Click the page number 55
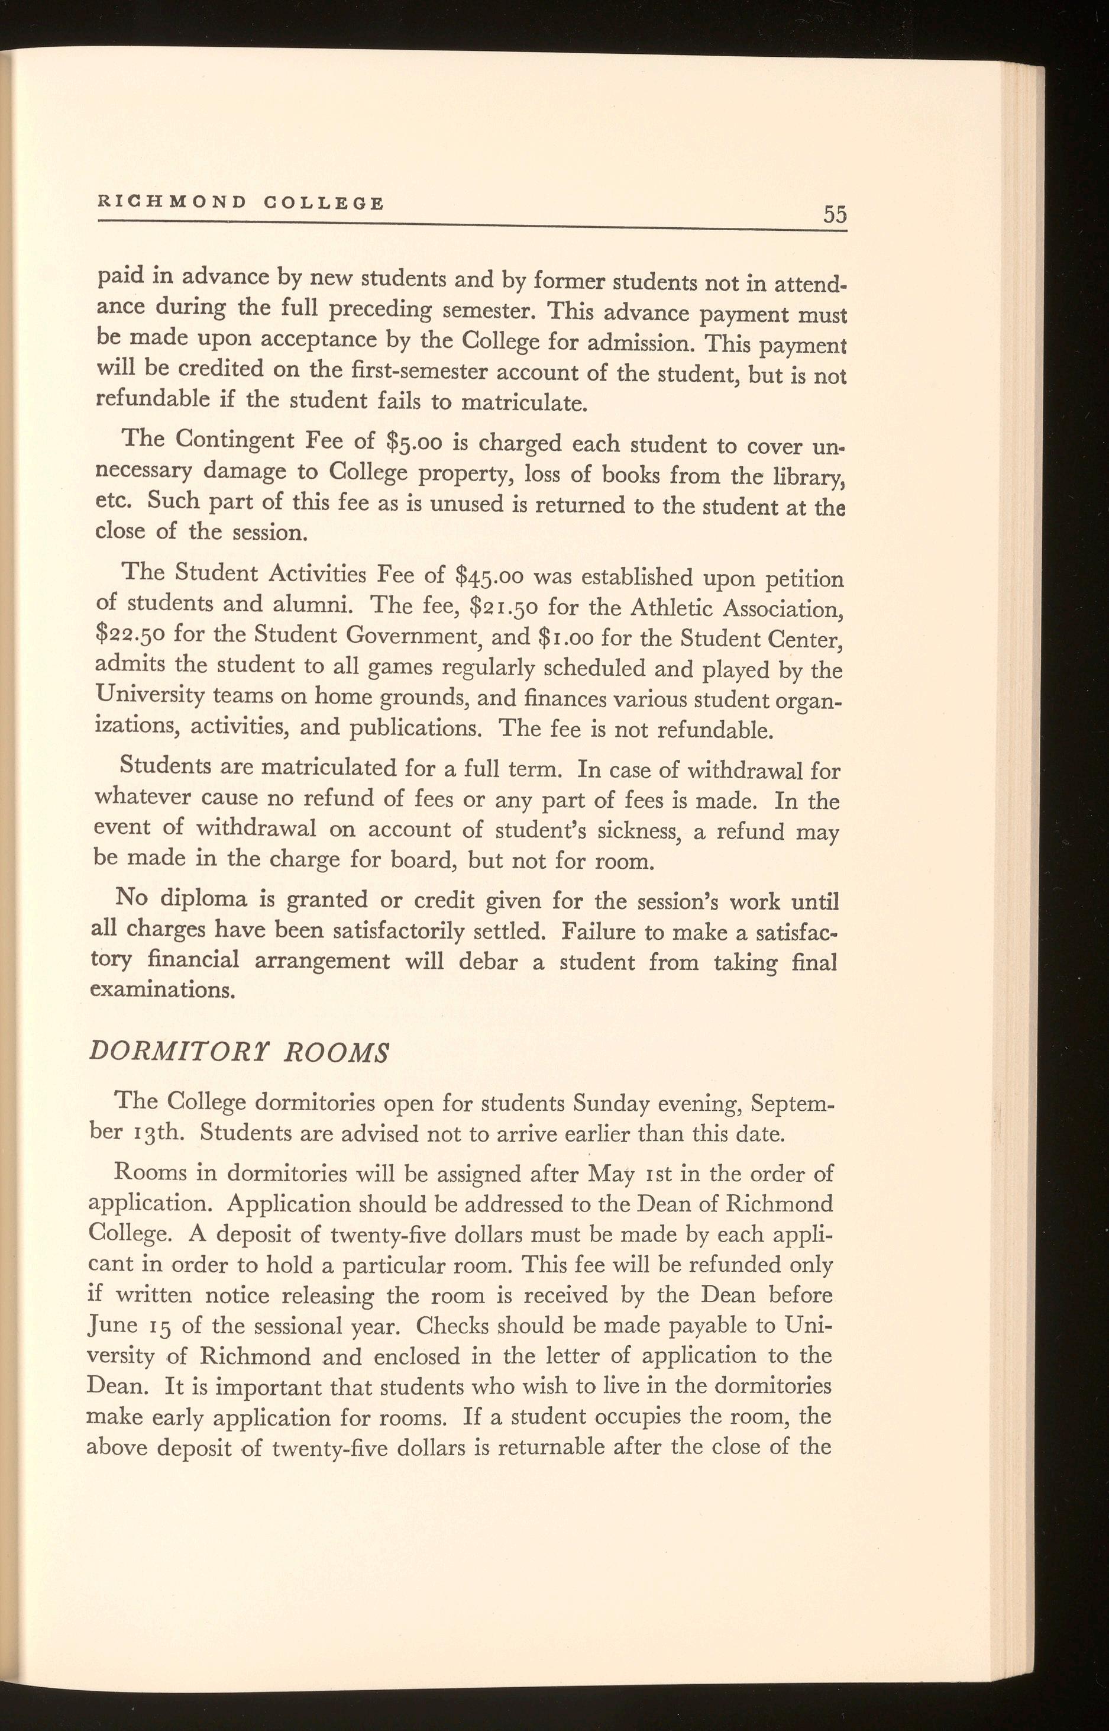click(x=835, y=214)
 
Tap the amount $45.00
click(x=484, y=576)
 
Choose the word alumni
click(x=305, y=604)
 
